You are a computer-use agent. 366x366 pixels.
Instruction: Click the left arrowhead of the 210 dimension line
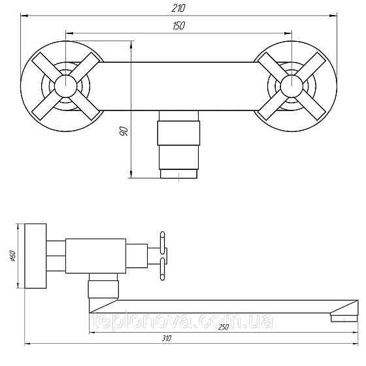point(24,15)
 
